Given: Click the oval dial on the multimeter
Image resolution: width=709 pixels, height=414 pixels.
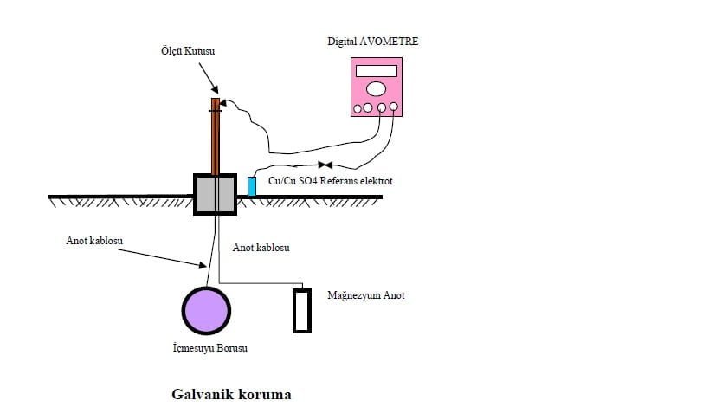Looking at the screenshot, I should click(x=376, y=88).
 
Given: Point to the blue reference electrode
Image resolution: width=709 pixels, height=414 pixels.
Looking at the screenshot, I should click(x=252, y=185).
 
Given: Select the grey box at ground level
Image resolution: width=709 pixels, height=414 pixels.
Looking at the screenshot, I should click(x=215, y=192).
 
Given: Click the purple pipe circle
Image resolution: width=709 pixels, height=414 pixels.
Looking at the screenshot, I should click(x=206, y=309).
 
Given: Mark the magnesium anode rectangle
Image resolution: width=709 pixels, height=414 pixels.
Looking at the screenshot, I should click(x=301, y=310).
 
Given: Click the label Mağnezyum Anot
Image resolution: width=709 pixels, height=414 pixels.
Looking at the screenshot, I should click(x=366, y=295).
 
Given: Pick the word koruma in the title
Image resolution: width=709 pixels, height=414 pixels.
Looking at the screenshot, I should click(x=267, y=395).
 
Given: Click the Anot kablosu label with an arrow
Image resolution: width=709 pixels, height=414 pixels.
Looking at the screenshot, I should click(x=93, y=241).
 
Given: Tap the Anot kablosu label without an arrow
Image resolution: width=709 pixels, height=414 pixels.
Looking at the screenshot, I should click(x=261, y=248).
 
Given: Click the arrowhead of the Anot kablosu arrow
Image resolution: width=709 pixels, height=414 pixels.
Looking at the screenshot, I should click(x=203, y=265).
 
